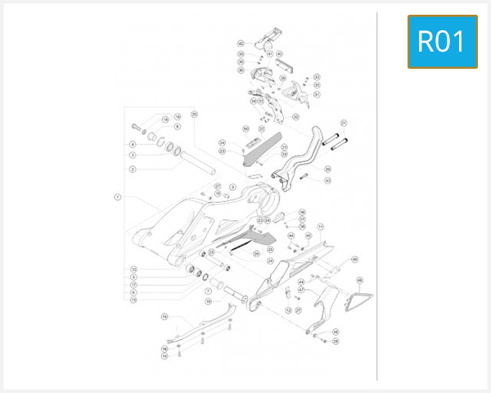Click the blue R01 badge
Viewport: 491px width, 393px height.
pos(442,41)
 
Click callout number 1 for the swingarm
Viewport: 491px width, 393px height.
pos(117,196)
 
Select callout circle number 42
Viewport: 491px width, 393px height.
pos(241,43)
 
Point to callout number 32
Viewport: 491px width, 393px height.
pos(318,85)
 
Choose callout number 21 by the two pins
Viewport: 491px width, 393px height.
pos(345,123)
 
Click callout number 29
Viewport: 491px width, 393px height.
pos(327,169)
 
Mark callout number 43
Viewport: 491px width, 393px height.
pos(327,180)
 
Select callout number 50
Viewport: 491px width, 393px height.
pos(245,129)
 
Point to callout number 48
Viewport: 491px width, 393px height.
pos(355,259)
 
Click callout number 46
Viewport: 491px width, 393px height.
pos(359,280)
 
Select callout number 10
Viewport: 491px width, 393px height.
pos(208,301)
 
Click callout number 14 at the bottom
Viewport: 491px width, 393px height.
pos(164,356)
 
